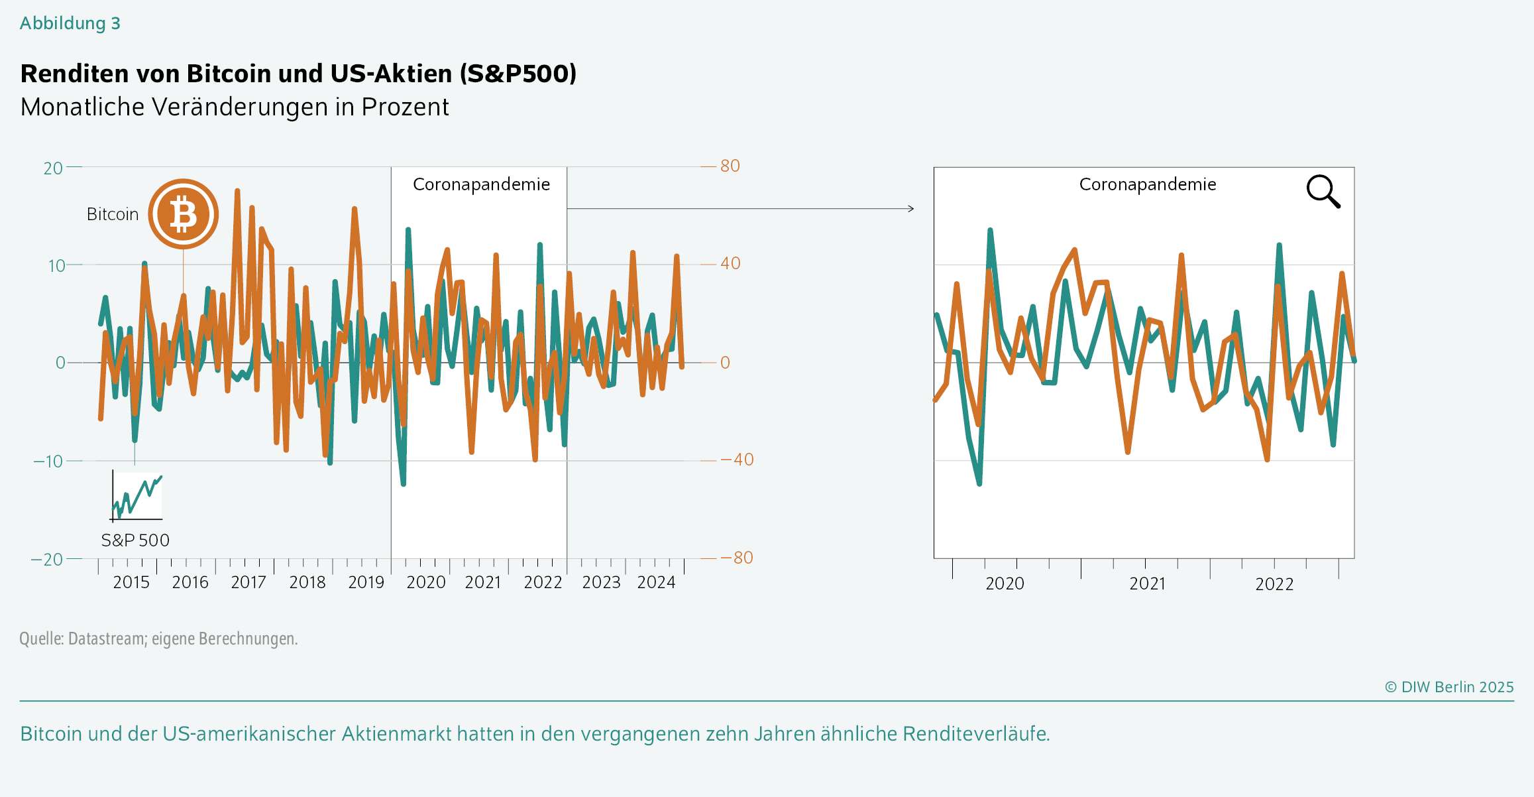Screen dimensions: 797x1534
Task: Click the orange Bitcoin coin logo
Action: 183,214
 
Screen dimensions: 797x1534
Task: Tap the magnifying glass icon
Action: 1323,192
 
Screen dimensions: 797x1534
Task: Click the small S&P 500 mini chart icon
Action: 137,496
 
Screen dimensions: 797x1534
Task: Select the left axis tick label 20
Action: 53,168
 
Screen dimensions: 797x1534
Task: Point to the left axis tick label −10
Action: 48,461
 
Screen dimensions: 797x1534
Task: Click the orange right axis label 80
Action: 730,166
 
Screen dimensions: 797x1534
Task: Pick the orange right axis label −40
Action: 737,460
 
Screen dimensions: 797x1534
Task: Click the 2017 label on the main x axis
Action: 248,583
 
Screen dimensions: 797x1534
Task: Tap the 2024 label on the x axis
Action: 656,583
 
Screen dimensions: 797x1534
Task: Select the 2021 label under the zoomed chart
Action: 1148,584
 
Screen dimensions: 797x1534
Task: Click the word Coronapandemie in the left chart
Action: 481,184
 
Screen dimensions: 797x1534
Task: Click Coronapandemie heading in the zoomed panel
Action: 1148,184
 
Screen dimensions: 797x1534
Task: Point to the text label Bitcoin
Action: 113,214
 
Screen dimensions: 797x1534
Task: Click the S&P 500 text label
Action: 135,540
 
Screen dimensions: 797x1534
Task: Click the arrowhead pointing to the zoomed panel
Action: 911,209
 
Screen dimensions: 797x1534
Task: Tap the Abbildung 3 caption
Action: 70,23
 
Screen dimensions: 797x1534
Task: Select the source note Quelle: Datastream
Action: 158,639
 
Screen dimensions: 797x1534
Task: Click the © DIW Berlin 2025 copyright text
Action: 1449,687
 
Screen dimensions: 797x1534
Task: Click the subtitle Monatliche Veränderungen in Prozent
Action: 235,107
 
